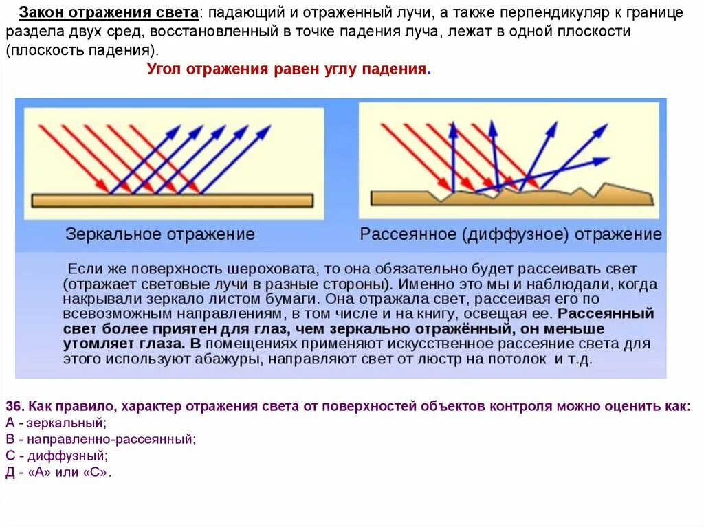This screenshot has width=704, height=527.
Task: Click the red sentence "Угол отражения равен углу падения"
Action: click(x=287, y=69)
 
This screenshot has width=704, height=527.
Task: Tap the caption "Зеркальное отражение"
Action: click(x=160, y=234)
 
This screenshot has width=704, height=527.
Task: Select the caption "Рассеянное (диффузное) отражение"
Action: click(x=511, y=234)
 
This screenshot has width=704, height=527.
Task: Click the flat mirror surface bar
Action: click(x=172, y=200)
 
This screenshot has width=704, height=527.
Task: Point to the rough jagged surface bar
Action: click(x=512, y=197)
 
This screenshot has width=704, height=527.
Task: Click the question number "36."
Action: click(x=14, y=405)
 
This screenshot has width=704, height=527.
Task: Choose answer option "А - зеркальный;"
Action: click(x=56, y=423)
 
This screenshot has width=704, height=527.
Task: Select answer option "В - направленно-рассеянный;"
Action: click(x=100, y=439)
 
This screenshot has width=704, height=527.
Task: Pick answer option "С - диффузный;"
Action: click(x=56, y=456)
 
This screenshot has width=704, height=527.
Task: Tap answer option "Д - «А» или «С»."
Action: click(x=58, y=473)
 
